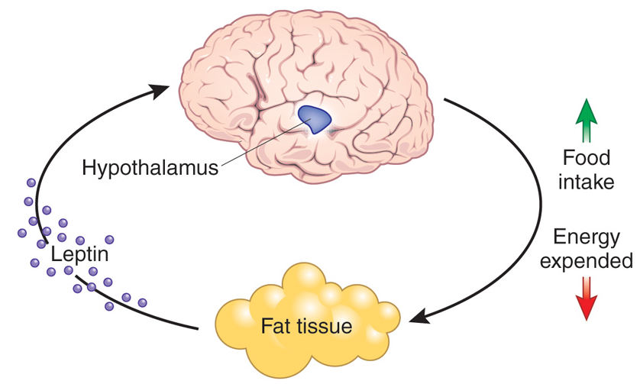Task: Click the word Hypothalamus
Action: [x=150, y=166]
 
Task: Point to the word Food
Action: [x=586, y=158]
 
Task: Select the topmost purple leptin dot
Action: [x=31, y=183]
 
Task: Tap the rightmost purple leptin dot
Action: [x=142, y=302]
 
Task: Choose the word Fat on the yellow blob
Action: [x=276, y=327]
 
